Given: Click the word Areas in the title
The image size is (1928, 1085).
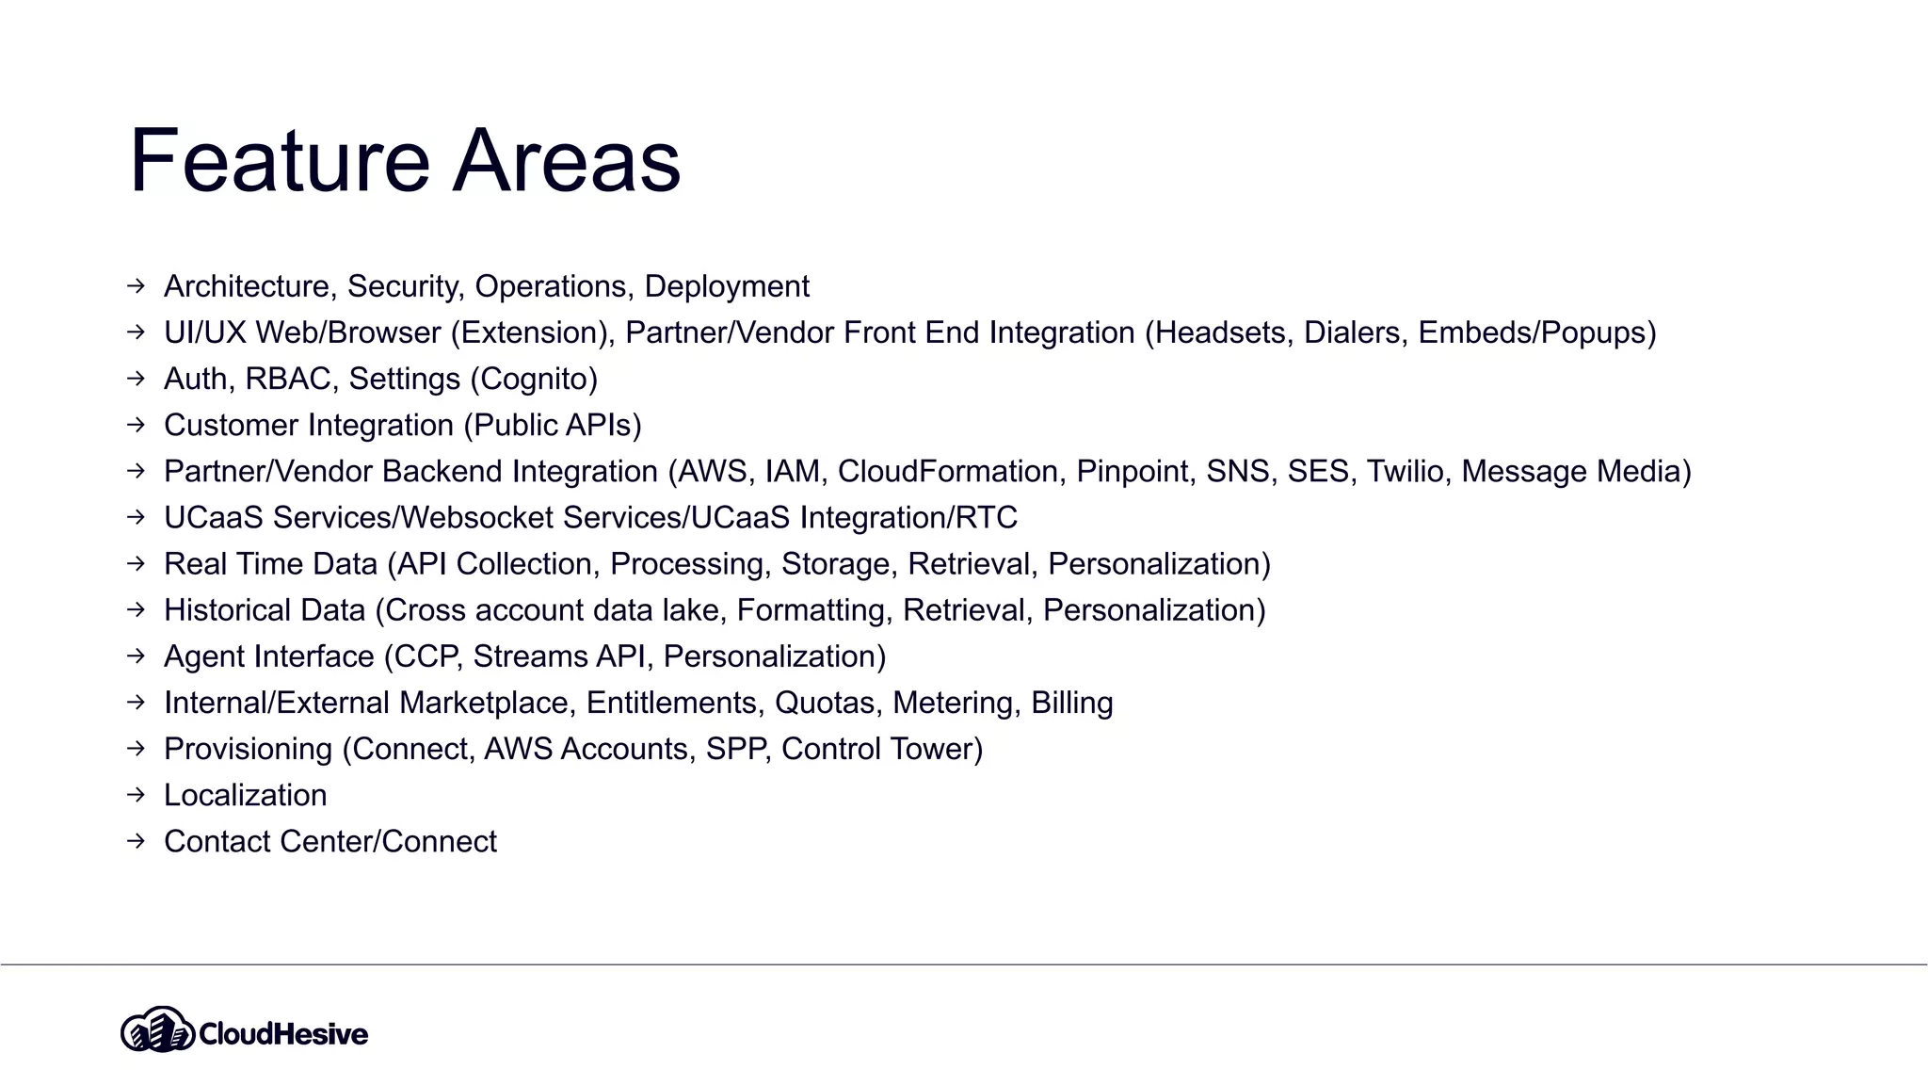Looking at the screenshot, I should coord(567,161).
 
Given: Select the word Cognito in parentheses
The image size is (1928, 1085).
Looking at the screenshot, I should coord(533,379).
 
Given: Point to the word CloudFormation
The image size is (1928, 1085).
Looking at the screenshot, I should coord(948,471).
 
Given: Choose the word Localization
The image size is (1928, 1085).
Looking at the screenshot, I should coord(245,795).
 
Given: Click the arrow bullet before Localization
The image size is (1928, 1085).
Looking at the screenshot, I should coord(137,795).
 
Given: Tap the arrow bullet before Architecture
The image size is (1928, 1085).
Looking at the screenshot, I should coord(137,285).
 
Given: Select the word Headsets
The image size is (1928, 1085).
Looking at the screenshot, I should coord(1220,332).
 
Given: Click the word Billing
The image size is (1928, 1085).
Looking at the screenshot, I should coord(1071,703).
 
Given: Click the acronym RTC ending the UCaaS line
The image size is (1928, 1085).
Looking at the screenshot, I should coord(986,517).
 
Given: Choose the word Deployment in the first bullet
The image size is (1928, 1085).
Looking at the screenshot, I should coord(727,286).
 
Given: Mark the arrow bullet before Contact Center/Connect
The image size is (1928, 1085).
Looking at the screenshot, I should coord(137,841).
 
